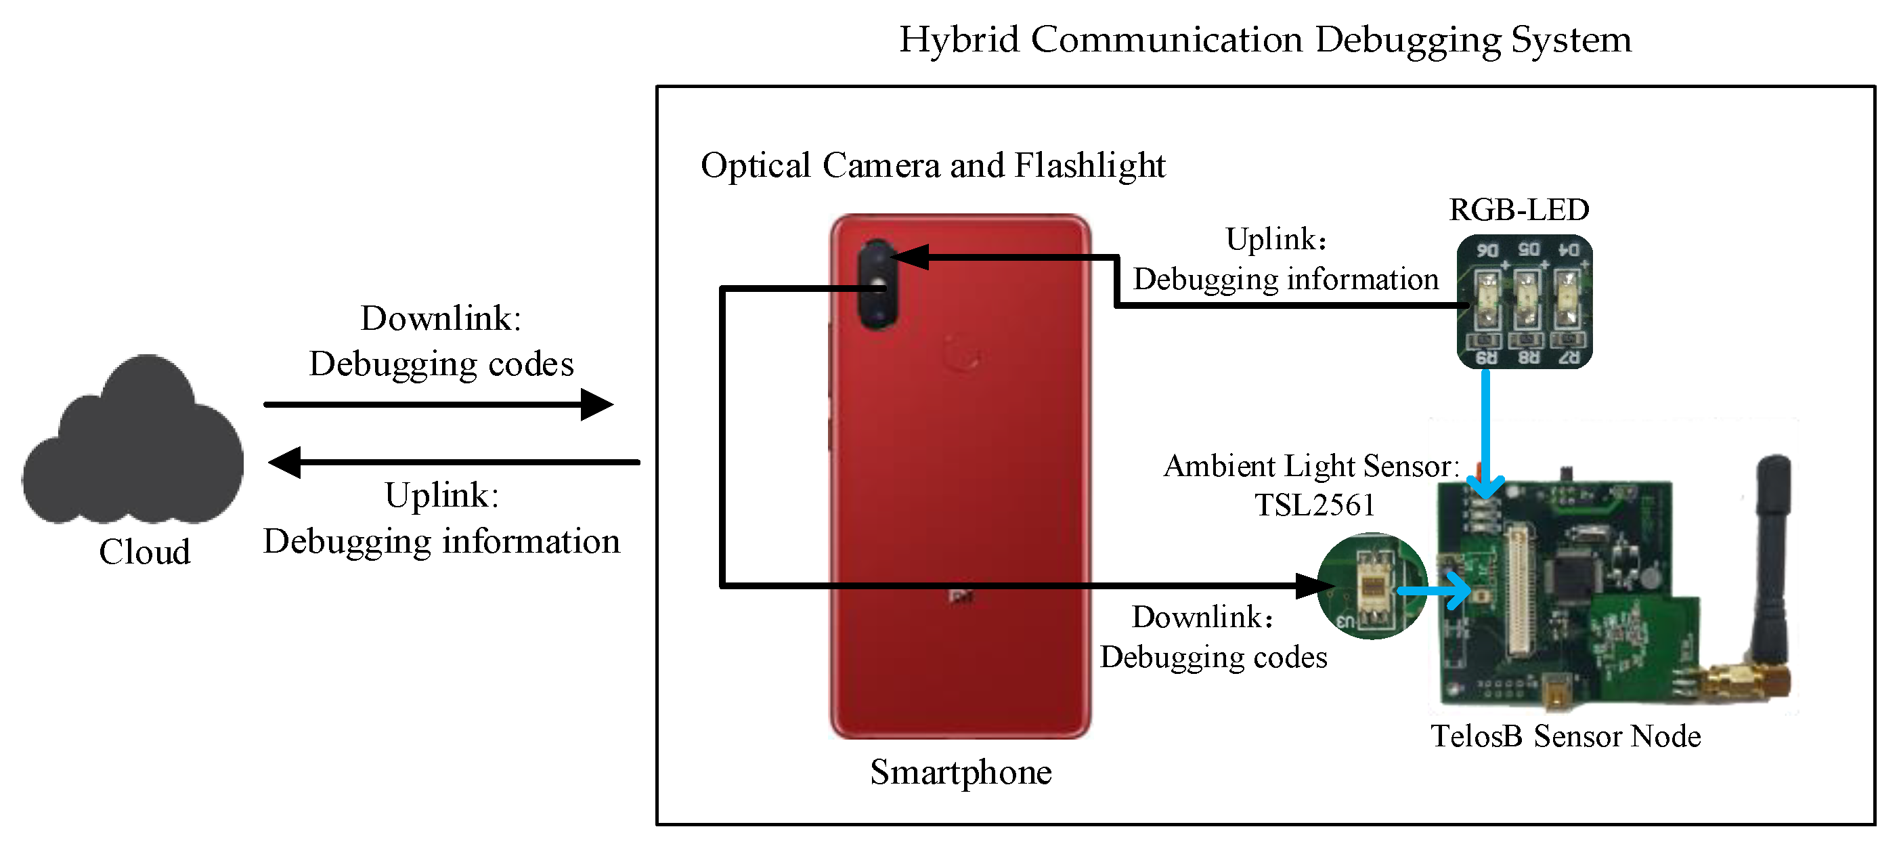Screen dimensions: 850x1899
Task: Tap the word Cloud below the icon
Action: (x=144, y=552)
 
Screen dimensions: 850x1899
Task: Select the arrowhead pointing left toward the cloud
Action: (x=284, y=462)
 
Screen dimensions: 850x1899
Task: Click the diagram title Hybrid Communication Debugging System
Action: (x=1265, y=39)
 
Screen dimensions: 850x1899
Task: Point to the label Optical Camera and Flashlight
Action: (x=932, y=165)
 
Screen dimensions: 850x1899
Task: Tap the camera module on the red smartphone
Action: (x=877, y=285)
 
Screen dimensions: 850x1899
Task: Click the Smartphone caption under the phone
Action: (x=961, y=773)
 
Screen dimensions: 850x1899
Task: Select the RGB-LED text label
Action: (x=1519, y=210)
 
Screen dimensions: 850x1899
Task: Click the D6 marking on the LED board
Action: (x=1487, y=251)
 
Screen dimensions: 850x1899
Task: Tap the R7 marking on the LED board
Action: (x=1568, y=358)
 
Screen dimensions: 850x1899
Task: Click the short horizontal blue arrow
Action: (x=1434, y=591)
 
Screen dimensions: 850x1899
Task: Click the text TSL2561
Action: (x=1315, y=506)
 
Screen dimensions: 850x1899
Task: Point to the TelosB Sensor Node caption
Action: (x=1565, y=736)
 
